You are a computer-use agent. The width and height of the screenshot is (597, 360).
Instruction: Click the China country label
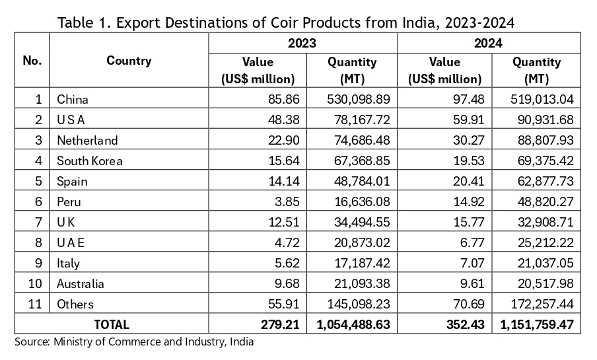(x=73, y=100)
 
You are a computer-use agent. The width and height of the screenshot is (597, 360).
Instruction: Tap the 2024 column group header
(x=489, y=44)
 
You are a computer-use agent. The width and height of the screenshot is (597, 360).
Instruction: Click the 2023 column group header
(x=302, y=44)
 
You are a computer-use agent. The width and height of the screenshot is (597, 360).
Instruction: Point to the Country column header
(x=129, y=61)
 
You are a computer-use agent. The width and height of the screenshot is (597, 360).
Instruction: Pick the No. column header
(x=32, y=61)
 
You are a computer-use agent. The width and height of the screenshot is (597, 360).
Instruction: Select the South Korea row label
(x=90, y=161)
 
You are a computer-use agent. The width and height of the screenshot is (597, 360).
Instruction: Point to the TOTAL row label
(x=112, y=324)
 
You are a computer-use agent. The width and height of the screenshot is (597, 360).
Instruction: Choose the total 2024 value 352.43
(x=464, y=324)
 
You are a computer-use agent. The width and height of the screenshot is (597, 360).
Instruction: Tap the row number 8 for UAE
(x=39, y=243)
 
